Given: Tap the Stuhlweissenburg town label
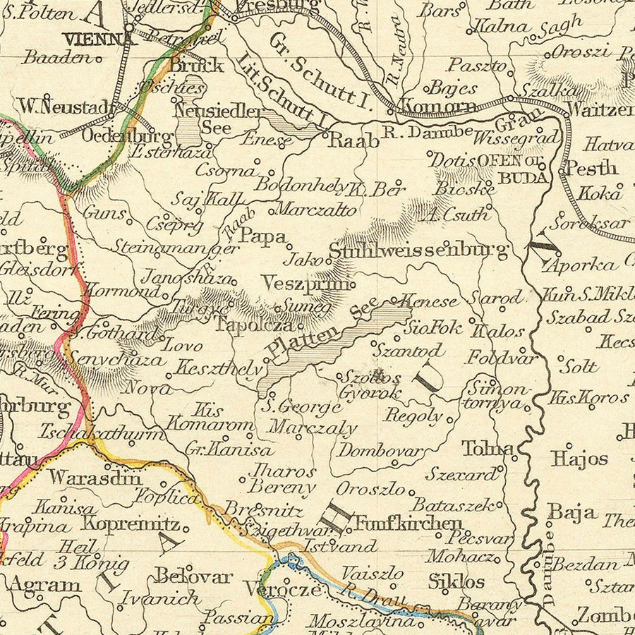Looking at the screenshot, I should click(418, 250).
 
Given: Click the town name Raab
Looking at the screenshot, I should click(354, 140).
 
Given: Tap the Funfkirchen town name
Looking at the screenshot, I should click(409, 523).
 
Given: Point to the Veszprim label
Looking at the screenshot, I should click(305, 283).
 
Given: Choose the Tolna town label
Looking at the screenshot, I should click(488, 448).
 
